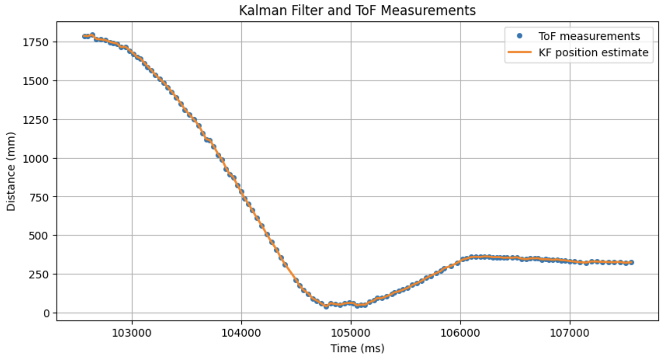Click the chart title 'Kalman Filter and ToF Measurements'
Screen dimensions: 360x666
point(357,10)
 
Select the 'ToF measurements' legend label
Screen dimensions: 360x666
point(589,36)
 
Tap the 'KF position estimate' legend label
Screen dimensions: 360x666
point(593,53)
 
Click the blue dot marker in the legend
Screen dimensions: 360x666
point(520,36)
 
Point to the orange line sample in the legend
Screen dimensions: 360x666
point(519,53)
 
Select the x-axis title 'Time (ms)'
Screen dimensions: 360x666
point(357,349)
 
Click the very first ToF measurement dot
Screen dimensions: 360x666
point(85,36)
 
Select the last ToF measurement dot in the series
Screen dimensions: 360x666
point(631,262)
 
